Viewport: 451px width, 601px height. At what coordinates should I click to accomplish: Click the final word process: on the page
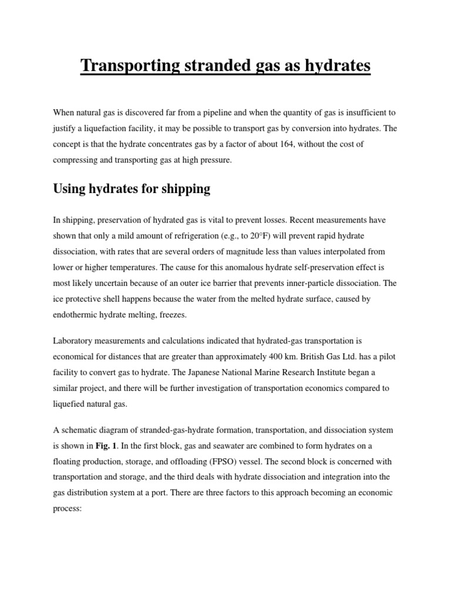coord(69,509)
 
